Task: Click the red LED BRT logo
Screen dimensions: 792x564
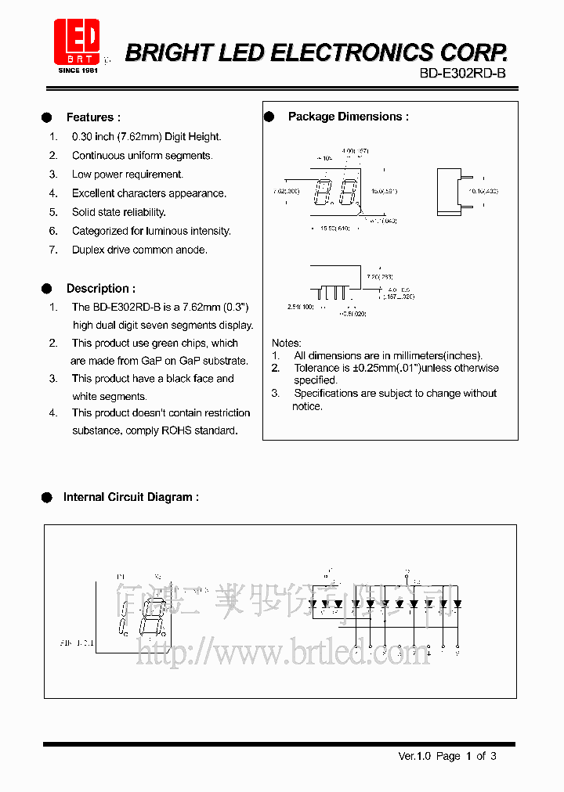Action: (x=77, y=42)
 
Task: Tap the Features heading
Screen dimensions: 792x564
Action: (x=93, y=117)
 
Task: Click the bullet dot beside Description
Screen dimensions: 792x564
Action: (x=47, y=288)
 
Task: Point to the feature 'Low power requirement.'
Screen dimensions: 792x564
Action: (x=128, y=175)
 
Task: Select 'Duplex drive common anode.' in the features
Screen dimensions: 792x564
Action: (x=139, y=250)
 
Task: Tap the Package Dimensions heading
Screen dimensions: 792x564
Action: (x=348, y=117)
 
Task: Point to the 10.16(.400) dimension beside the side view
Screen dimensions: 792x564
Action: (x=483, y=191)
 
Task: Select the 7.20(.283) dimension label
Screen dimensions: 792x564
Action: (x=378, y=277)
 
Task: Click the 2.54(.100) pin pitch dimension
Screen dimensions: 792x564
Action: (x=300, y=306)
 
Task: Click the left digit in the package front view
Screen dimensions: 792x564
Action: (x=324, y=191)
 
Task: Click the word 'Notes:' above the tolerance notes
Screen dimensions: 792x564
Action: (x=286, y=343)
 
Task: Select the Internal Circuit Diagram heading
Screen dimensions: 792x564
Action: (x=130, y=497)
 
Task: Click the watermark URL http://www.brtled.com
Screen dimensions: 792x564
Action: (x=283, y=651)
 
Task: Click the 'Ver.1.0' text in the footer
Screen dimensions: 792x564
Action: (x=414, y=756)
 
